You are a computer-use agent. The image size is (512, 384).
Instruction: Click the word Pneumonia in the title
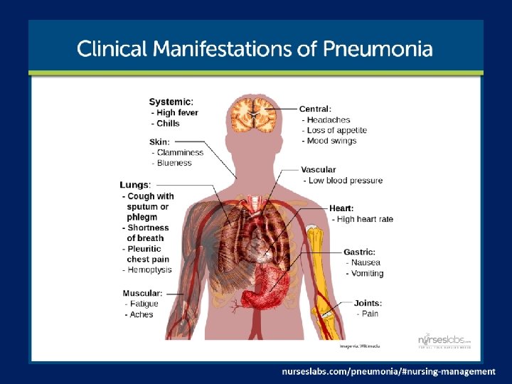click(377, 49)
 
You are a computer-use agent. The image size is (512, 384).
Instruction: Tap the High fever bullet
click(176, 112)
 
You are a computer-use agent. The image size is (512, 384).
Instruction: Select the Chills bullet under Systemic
click(168, 123)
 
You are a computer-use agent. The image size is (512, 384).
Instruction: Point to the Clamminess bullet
click(179, 152)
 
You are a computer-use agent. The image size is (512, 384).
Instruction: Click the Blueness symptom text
click(174, 163)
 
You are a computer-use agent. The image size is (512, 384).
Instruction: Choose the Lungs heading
click(135, 185)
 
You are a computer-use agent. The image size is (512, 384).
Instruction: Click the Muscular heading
click(142, 293)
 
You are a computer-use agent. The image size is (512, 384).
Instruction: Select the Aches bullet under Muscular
click(141, 314)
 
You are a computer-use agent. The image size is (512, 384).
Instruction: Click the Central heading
click(315, 109)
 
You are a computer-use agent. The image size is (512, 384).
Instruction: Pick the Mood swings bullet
click(331, 141)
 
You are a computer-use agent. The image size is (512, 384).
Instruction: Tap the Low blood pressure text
click(345, 181)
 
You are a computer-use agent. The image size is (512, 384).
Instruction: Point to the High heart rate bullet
click(364, 219)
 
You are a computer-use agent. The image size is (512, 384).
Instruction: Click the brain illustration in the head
click(253, 114)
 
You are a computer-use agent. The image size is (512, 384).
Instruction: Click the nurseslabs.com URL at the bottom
click(388, 371)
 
